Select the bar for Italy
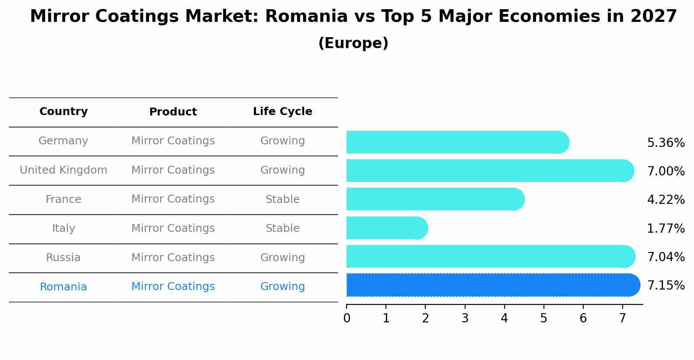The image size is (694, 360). coord(385,228)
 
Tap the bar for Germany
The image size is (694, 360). coord(455,142)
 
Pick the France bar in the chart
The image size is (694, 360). coord(433,199)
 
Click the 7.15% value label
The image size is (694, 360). coord(666,286)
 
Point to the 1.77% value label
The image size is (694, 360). coord(666,228)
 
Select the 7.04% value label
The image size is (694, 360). coord(666,257)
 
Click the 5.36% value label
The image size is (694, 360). coord(666,143)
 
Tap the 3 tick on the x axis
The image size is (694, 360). coord(465,318)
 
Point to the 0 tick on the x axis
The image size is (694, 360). coord(347,318)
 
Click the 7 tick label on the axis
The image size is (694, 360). coord(622,318)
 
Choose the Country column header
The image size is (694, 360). coord(63,112)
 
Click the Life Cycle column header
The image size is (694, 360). coord(282,112)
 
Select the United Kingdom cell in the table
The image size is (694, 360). coord(63,170)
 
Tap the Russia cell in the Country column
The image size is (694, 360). coord(63,258)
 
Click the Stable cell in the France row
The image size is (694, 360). coord(282,199)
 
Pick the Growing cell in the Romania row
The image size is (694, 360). coord(282,287)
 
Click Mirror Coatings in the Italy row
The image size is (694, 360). coord(173,228)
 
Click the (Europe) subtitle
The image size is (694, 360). coord(353,43)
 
